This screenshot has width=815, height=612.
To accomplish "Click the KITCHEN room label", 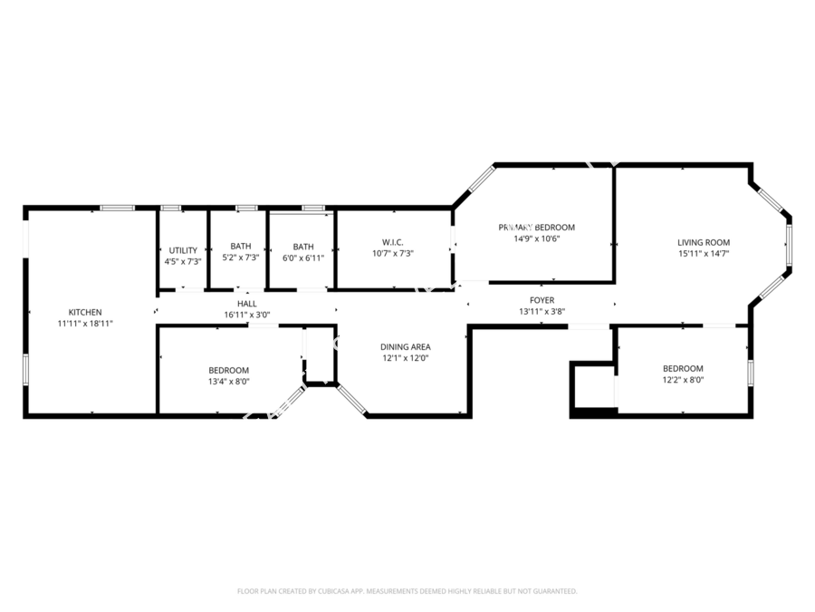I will (x=85, y=312).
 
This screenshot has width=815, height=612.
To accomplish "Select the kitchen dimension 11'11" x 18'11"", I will (x=85, y=323).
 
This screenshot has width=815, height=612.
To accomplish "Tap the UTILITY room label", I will (x=182, y=250).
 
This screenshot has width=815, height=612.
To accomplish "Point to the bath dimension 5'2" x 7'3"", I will (x=241, y=257).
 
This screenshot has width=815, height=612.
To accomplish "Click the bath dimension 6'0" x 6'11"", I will (x=303, y=257).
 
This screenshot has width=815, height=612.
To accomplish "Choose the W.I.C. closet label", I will (x=392, y=242).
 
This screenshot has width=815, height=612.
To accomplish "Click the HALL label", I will (x=247, y=304).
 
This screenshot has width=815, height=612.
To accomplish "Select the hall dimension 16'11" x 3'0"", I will (x=247, y=315).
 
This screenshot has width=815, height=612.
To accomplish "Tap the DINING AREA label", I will (x=405, y=346).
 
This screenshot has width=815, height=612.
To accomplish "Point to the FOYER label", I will (x=542, y=300).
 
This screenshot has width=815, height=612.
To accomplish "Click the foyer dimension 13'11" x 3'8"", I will (x=542, y=311).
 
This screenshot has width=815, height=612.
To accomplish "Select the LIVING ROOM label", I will (x=704, y=242).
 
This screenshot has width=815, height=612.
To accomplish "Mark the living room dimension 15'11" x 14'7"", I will (x=704, y=253).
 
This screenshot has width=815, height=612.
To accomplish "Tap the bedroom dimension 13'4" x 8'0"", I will (x=228, y=381).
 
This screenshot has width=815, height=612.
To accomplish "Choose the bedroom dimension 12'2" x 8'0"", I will (x=683, y=379).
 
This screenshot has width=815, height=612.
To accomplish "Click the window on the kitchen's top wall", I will (x=117, y=208).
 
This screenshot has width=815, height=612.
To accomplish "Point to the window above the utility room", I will (x=170, y=208).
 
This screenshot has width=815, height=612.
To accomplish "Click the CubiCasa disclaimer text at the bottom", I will (x=407, y=590).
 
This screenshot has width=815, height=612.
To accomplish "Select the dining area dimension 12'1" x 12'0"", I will (x=405, y=357).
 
